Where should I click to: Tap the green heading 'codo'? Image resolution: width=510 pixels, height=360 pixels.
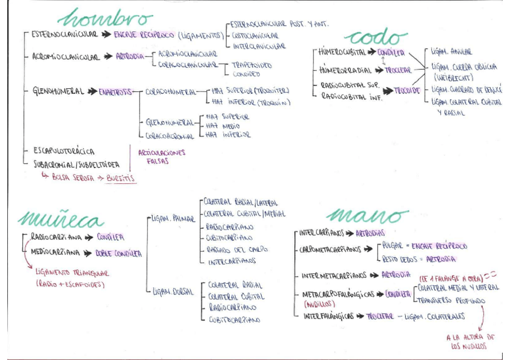373,37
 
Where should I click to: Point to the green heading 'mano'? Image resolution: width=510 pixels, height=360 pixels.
368,216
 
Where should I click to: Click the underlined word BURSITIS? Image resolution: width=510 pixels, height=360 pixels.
121,178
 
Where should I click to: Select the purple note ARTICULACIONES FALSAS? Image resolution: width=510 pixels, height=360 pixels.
161,157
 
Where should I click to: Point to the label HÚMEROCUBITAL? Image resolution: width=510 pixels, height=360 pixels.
343,53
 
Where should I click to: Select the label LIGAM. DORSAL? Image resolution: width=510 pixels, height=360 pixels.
173,291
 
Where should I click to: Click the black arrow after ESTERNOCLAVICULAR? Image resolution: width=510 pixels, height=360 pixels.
106,35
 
